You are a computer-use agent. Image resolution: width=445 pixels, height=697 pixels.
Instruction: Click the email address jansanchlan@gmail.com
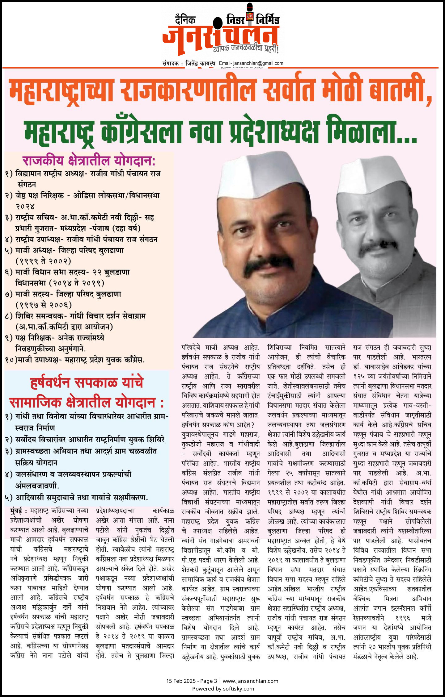pos(258,63)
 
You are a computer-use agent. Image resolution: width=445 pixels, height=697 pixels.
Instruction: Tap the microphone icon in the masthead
pos(249,14)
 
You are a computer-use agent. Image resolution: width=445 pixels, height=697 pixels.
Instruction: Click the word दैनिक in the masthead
pos(185,20)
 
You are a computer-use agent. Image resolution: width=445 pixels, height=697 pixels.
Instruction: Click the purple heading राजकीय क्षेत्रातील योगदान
pos(89,161)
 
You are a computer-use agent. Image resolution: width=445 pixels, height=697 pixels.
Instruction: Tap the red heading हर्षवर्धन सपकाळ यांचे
pos(87,382)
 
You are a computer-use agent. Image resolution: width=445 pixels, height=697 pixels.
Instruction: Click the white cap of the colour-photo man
pos(261,179)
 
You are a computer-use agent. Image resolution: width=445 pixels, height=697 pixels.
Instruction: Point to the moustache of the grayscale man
pos(379,247)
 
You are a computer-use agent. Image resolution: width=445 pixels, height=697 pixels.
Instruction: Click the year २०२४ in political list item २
pos(25,206)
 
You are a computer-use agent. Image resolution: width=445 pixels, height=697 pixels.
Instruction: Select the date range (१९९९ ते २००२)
pos(43,261)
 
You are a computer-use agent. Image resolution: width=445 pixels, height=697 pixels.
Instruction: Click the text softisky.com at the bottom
pos(239,688)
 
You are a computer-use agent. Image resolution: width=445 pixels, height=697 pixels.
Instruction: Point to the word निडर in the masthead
pos(235,19)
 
